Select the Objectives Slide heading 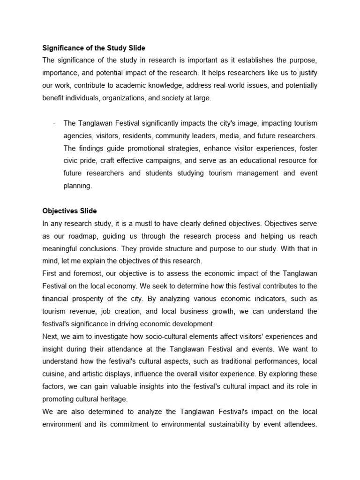click(69, 211)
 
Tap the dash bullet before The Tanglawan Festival click(55, 123)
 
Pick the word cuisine click(55, 374)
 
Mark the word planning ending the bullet click(77, 186)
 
